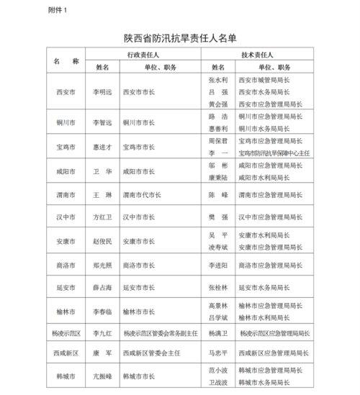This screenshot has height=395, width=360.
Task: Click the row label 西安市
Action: click(65, 93)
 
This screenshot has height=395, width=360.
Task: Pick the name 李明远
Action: click(103, 93)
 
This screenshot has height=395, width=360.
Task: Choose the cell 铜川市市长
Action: click(139, 122)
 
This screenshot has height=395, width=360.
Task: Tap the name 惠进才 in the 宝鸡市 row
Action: click(103, 147)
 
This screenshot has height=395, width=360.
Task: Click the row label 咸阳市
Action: click(65, 172)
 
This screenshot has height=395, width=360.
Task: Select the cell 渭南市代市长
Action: click(143, 195)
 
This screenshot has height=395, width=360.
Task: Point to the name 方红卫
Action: click(103, 217)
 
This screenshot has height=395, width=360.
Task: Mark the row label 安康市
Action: click(65, 241)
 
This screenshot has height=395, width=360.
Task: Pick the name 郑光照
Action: click(103, 265)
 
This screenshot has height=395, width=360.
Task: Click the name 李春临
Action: click(103, 312)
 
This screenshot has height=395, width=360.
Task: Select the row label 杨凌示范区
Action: click(65, 334)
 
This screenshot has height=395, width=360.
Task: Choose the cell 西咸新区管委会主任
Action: click(151, 353)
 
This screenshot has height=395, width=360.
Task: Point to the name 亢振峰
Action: click(103, 376)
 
